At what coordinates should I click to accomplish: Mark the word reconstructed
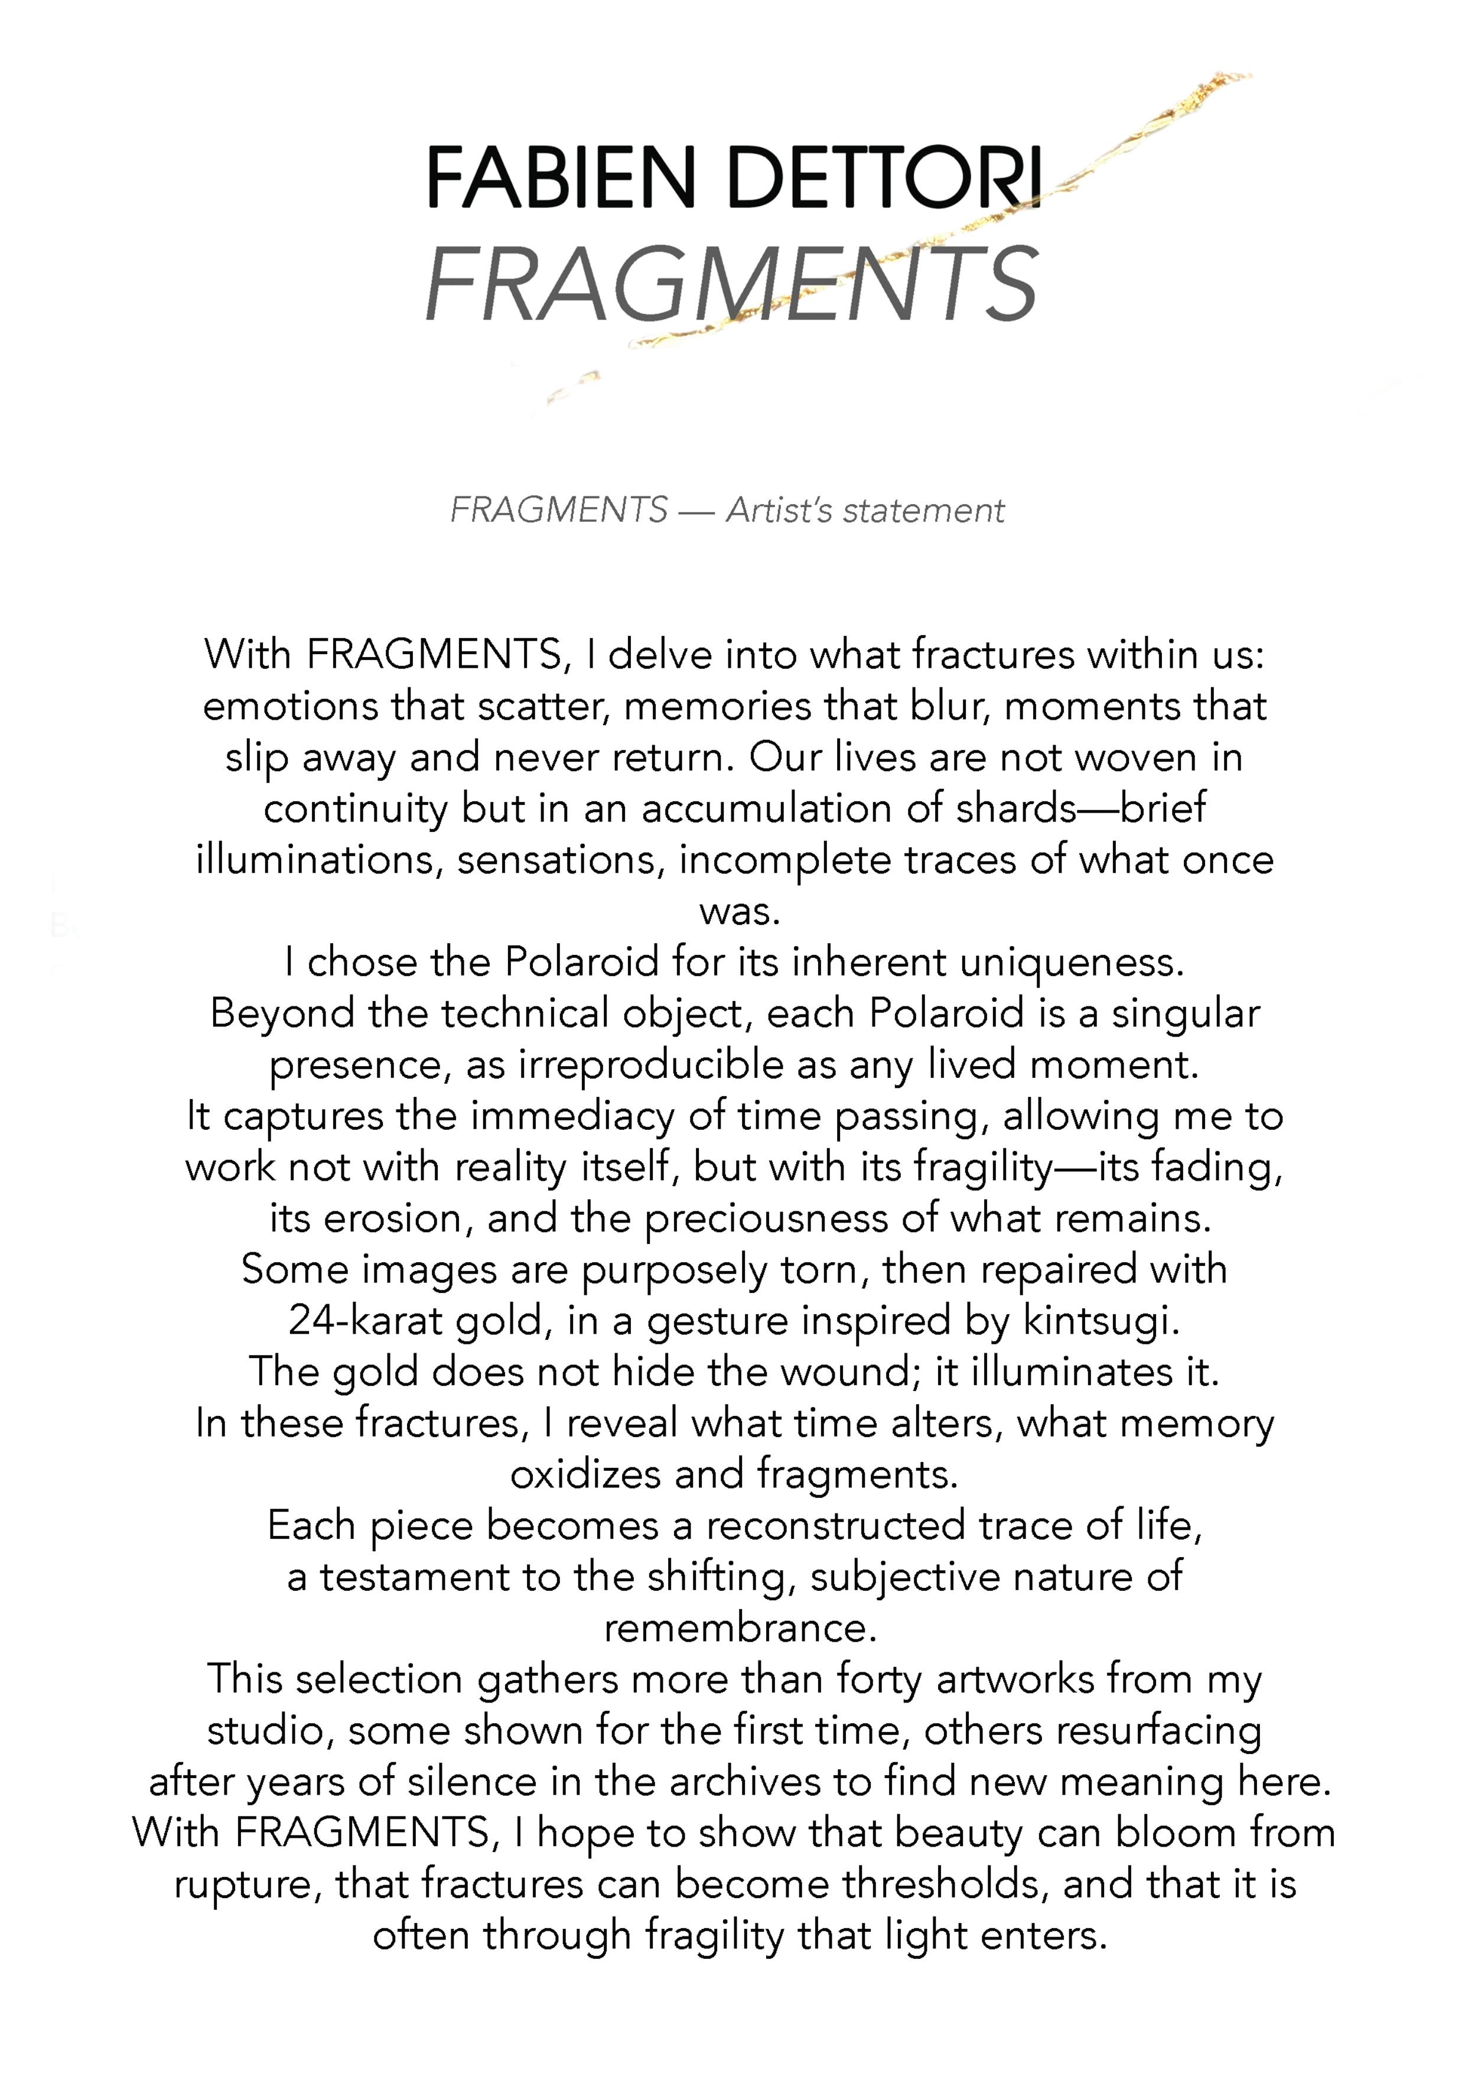point(836,1527)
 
